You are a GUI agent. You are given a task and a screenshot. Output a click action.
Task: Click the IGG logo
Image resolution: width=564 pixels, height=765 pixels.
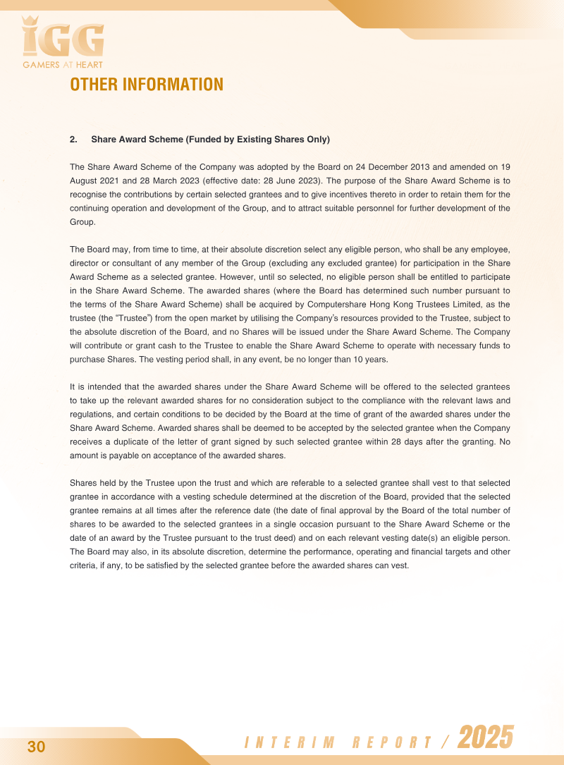(63, 39)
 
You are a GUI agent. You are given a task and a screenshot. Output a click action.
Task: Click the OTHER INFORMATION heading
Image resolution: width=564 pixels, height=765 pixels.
(147, 85)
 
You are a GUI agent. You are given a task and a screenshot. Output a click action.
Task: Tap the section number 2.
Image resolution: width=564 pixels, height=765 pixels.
(73, 140)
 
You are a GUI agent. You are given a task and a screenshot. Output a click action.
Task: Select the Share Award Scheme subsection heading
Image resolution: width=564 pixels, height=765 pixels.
(210, 140)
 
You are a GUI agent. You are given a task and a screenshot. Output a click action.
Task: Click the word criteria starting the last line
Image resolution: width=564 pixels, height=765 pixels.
(84, 565)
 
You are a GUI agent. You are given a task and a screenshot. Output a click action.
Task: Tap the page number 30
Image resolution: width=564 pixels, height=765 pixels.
(37, 747)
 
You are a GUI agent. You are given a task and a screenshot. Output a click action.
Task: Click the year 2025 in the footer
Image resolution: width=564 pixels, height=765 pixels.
(486, 738)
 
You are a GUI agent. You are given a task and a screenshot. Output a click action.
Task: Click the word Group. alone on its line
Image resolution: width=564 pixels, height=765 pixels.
(82, 221)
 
